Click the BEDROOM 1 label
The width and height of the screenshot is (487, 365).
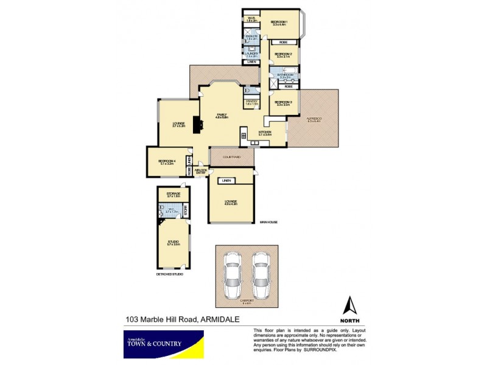click(x=280, y=22)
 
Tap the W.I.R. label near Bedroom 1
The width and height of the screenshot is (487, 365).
click(x=251, y=19)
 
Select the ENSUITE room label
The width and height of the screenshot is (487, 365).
click(x=251, y=37)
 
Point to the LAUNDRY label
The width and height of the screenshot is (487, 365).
click(x=251, y=54)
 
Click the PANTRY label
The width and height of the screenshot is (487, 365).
click(x=251, y=102)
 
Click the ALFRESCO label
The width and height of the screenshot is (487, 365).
click(x=314, y=120)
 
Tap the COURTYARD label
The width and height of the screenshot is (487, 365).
click(x=232, y=157)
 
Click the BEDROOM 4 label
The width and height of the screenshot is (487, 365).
click(x=166, y=162)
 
